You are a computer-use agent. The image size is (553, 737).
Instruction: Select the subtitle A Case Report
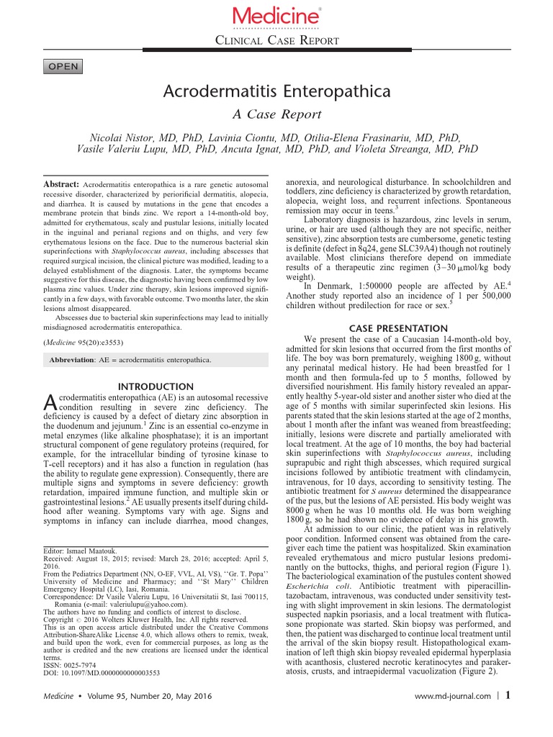(x=276, y=115)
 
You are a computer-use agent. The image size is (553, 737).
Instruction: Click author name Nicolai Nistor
(x=126, y=136)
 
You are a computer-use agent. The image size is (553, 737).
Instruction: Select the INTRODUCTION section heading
(x=156, y=386)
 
